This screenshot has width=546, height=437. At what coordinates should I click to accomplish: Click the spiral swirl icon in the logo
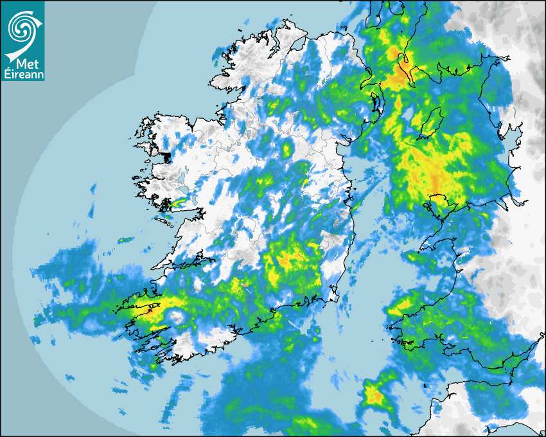pos(22,27)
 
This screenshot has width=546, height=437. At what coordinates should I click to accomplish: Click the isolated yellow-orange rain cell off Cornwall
pos(373,394)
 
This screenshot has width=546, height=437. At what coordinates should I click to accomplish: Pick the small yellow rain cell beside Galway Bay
pos(177,204)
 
